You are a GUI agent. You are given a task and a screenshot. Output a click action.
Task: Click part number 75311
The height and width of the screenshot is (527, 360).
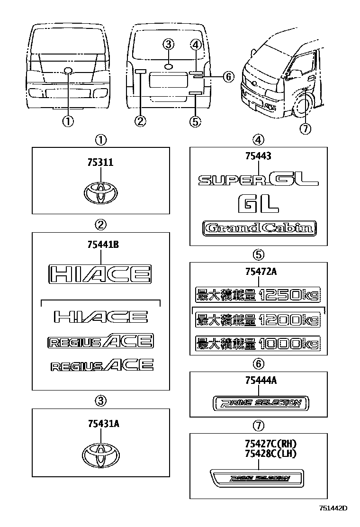tap(100, 162)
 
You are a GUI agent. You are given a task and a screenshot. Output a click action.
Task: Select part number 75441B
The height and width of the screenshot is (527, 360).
tap(100, 245)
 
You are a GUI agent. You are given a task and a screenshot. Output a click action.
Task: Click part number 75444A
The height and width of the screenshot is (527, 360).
tap(258, 380)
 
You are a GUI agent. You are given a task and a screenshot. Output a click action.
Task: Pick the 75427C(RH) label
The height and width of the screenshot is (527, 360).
tap(270, 444)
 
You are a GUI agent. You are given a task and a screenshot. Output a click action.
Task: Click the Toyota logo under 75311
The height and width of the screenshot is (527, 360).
tap(100, 193)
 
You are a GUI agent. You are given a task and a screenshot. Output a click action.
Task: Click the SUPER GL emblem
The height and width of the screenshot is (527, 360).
tap(258, 180)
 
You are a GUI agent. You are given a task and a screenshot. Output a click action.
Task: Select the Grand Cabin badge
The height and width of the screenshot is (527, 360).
tap(258, 228)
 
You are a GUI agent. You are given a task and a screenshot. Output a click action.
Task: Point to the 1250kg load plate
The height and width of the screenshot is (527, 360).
tap(258, 295)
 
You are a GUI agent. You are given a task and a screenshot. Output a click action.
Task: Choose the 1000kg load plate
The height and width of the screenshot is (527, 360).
tap(258, 342)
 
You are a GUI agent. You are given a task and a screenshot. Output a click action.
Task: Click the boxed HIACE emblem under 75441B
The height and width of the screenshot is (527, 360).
tap(100, 274)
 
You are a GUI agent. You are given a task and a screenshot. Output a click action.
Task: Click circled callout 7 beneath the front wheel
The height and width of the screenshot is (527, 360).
tap(306, 128)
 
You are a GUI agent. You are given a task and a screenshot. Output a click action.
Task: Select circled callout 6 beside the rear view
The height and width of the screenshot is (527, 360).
tap(228, 77)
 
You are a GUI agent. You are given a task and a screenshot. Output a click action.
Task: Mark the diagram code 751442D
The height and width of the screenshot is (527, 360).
tap(333, 508)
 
